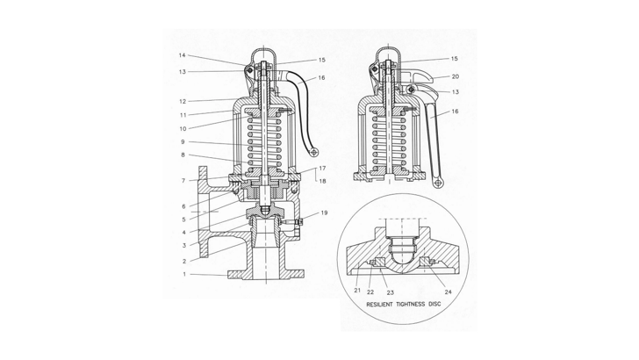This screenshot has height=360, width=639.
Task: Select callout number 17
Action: coord(323,168)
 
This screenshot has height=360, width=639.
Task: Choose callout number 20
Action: coord(455,76)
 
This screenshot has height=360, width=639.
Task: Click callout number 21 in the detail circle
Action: coord(357,288)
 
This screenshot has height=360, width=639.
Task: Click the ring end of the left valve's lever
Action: coord(313,154)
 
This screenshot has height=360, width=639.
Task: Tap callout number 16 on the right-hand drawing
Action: coord(455,112)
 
